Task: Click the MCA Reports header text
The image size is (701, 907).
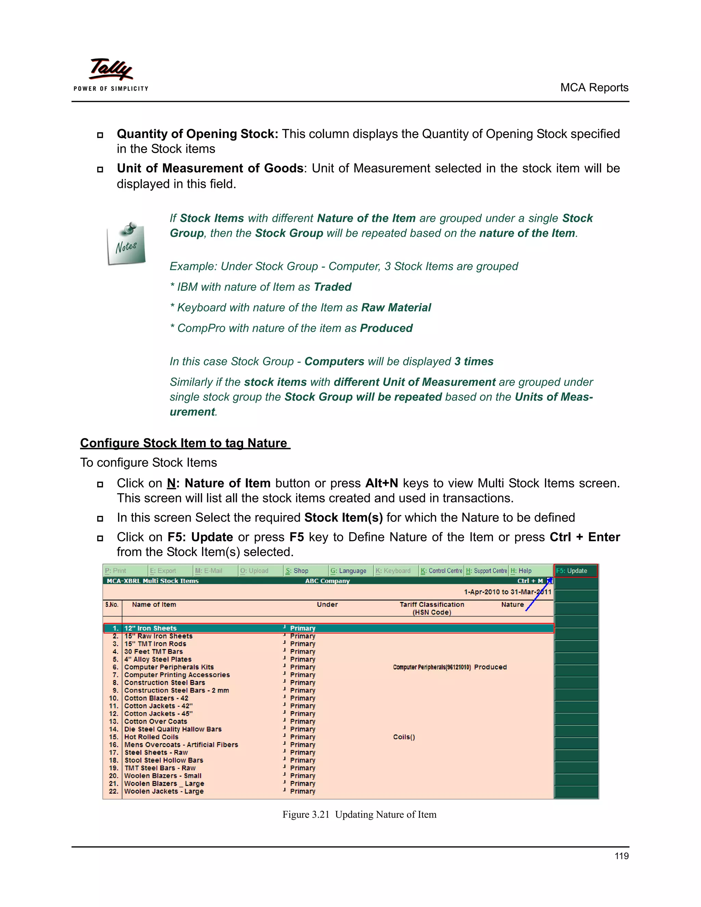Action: pos(594,88)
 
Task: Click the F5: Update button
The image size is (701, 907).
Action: pos(576,571)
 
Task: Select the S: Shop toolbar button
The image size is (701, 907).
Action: pos(297,571)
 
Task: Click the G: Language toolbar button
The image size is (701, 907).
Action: pos(349,571)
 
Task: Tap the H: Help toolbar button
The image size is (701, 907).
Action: pos(522,571)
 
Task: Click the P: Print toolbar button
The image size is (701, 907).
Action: pos(116,571)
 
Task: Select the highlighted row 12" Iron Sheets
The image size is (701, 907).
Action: pos(151,628)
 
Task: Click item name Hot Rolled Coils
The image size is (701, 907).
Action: pos(151,737)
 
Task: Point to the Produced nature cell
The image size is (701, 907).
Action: pos(490,667)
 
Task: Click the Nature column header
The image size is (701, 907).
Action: pos(512,605)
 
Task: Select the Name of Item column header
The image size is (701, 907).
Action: pos(154,605)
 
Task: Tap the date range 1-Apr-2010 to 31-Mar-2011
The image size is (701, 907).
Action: pos(508,592)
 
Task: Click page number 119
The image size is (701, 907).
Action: pos(621,856)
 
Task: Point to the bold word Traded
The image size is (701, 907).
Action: pos(333,287)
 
